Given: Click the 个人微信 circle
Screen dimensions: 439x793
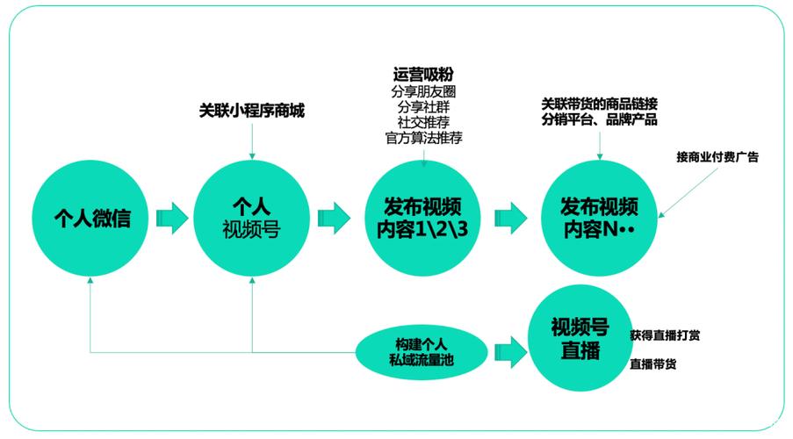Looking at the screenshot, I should (91, 217).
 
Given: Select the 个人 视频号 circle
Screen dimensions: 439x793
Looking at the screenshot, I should (252, 217).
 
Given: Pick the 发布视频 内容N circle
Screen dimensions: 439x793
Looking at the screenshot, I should (598, 217).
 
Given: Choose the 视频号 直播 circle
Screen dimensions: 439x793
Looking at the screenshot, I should (580, 340).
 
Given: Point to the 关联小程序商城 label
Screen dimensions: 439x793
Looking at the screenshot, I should (251, 112).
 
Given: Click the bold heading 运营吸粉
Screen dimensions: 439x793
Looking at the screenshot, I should (423, 74).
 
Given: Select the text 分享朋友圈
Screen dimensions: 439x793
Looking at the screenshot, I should (423, 90).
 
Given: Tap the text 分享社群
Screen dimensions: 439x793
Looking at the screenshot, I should (423, 106).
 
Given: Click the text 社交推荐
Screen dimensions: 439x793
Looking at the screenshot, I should (423, 122).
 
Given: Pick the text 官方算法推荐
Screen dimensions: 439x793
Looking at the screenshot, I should (423, 138).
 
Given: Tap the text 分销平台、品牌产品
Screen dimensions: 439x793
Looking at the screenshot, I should (600, 120).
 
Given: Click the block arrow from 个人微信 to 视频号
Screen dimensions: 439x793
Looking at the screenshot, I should (172, 217).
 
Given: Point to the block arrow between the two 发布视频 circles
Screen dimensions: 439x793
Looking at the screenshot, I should (510, 217).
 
